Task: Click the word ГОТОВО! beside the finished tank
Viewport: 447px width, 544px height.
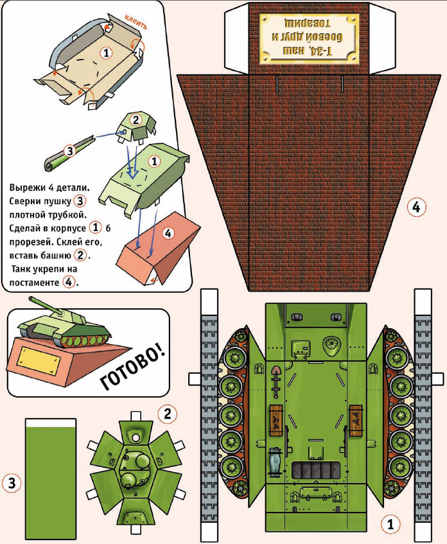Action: [134, 369]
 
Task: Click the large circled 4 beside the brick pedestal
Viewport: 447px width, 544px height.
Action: [416, 207]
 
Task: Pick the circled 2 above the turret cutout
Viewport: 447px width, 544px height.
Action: [166, 413]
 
